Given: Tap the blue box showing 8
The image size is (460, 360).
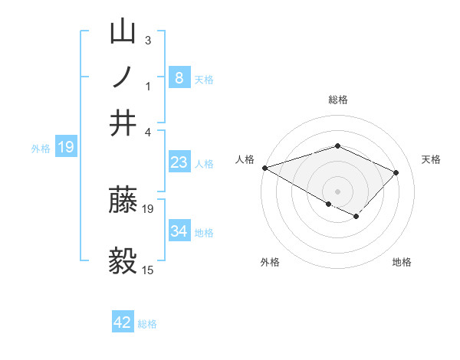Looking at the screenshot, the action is coord(179,77).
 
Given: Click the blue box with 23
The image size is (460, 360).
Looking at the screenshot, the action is coord(179,162).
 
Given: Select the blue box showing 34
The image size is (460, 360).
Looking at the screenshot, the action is coord(179,231).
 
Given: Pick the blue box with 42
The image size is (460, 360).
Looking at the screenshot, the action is coord(123,322).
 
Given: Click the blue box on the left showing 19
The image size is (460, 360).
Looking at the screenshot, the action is coord(66,147).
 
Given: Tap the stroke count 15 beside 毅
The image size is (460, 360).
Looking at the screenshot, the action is coord(148,270).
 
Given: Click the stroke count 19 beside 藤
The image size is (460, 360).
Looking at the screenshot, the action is coord(148,208).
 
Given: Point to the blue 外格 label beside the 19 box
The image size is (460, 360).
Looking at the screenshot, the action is coord(41,149).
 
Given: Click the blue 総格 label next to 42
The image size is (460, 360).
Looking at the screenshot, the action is coord(147,324).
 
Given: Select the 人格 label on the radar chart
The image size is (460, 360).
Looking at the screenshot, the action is coord(245,159).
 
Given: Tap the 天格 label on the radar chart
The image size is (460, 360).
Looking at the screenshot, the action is coord(432,159).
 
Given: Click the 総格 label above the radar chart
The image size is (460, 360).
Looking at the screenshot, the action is coord(337,100).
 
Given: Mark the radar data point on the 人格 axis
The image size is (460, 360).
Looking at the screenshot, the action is coord(264,167).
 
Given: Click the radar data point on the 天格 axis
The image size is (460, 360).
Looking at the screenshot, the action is coord(396,172).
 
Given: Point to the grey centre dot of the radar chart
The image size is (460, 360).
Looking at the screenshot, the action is coord(337,191).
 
